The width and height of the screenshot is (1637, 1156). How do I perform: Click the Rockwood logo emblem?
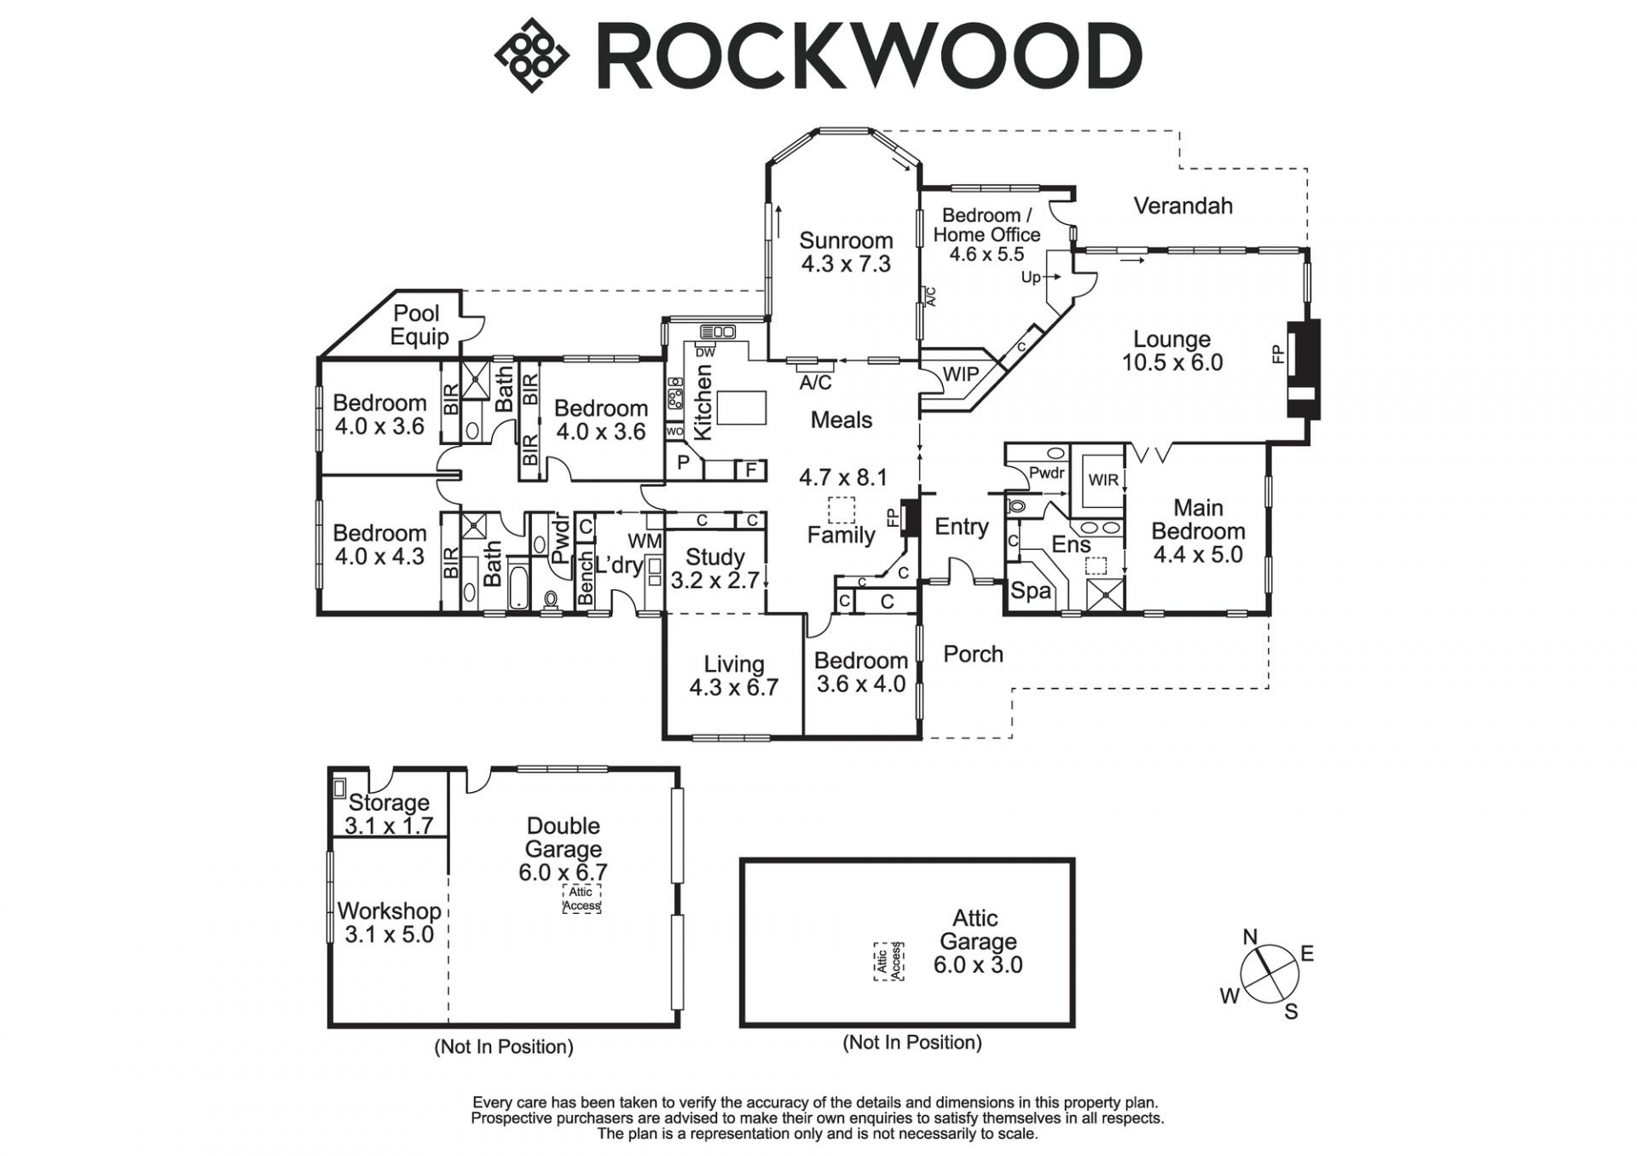tap(531, 55)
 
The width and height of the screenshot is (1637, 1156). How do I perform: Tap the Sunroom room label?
tap(846, 240)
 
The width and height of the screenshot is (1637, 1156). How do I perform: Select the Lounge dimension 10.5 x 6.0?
tap(1171, 362)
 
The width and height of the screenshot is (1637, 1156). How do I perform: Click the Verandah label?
tap(1183, 205)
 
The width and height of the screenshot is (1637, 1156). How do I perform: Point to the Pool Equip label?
tap(418, 325)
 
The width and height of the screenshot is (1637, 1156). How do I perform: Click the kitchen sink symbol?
tap(718, 332)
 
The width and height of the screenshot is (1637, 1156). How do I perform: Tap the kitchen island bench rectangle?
tap(741, 407)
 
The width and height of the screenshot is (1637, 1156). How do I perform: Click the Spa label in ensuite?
tap(1030, 590)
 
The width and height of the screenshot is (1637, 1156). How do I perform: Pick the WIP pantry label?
tap(960, 373)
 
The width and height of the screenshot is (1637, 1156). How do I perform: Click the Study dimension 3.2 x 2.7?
tap(714, 581)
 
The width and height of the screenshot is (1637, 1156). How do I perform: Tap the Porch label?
tap(973, 654)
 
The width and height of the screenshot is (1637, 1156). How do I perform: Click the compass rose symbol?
tap(1270, 974)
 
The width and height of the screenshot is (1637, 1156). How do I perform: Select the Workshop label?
tap(389, 910)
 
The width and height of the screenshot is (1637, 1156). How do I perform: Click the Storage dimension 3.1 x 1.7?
tap(389, 825)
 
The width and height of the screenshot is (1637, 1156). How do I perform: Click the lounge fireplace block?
tap(1303, 368)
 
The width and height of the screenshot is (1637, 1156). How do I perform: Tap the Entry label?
tap(961, 527)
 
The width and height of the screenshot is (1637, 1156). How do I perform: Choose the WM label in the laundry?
tap(644, 540)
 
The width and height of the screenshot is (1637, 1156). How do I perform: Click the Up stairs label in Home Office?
tap(1031, 277)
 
